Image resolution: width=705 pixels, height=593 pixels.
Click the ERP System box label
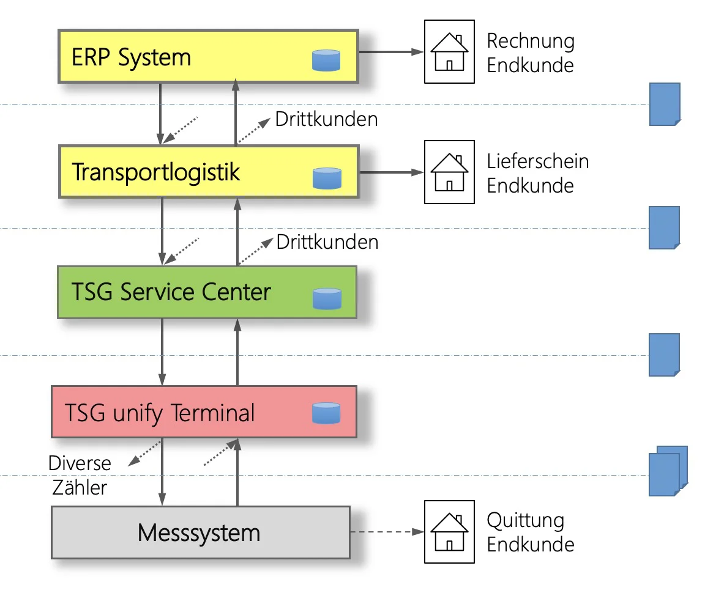click(x=132, y=57)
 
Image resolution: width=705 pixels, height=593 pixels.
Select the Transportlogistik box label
click(x=156, y=172)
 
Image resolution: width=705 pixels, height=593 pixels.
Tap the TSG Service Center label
click(x=171, y=292)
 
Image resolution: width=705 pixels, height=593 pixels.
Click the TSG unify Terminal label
click(x=160, y=413)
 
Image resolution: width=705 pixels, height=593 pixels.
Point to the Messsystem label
click(x=199, y=532)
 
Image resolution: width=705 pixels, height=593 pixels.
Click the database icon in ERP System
click(x=326, y=61)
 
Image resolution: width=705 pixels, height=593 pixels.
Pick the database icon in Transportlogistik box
click(x=326, y=178)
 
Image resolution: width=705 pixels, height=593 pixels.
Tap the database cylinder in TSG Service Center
click(x=326, y=298)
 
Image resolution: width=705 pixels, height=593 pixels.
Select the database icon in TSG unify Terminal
click(x=326, y=413)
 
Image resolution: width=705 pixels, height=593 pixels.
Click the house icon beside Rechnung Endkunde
click(x=449, y=52)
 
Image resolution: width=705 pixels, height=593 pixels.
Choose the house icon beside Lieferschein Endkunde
click(x=449, y=172)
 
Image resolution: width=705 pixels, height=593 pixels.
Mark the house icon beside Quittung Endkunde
click(x=449, y=531)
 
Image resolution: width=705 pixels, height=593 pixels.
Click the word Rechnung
click(x=531, y=42)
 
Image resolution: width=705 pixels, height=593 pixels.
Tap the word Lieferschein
click(x=538, y=161)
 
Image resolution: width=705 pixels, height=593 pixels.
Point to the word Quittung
click(x=525, y=521)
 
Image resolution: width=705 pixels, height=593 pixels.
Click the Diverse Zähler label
click(x=80, y=476)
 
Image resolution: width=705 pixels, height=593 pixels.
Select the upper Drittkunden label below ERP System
click(x=326, y=119)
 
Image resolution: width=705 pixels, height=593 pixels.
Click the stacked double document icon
click(x=668, y=470)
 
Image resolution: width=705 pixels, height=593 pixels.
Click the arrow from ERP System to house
click(x=391, y=52)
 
